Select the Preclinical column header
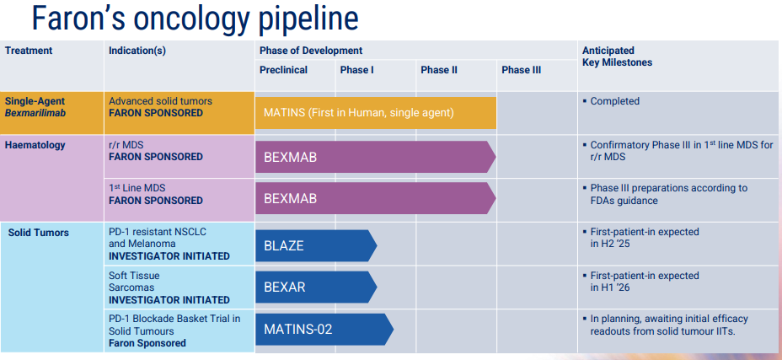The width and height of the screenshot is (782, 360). [x=283, y=71]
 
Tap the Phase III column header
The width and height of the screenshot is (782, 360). [x=521, y=71]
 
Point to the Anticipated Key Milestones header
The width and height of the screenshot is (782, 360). [x=617, y=56]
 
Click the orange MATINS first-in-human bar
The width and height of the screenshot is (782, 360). [x=376, y=113]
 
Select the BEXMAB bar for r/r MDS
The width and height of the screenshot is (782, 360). [x=376, y=157]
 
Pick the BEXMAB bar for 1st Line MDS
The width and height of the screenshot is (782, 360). [x=376, y=198]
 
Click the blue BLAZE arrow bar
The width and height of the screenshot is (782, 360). [x=316, y=245]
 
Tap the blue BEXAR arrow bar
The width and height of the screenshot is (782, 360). [x=316, y=287]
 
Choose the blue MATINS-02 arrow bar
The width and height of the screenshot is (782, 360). [x=324, y=329]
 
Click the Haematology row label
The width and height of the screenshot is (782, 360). [x=35, y=145]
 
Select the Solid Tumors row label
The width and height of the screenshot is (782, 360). [x=39, y=233]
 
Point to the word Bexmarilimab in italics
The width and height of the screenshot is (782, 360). [x=35, y=113]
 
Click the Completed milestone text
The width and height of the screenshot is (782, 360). [x=614, y=101]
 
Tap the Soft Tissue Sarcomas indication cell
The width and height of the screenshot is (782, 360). [x=169, y=287]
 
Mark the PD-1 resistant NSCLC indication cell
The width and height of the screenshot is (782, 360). [x=169, y=244]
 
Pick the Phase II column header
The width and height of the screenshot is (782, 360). [x=439, y=71]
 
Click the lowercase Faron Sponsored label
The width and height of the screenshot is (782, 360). [x=147, y=343]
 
